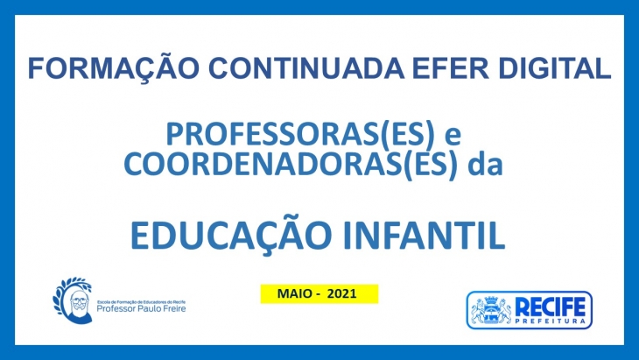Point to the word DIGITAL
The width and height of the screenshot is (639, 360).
(554, 68)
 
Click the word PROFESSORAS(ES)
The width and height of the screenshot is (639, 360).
(300, 135)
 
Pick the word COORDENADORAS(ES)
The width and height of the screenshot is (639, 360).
(291, 165)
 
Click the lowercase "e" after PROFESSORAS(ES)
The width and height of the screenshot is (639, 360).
(453, 137)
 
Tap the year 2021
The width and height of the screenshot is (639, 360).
(342, 293)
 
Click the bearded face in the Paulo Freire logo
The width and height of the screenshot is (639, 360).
(79, 305)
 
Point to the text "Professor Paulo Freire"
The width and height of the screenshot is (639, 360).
(141, 308)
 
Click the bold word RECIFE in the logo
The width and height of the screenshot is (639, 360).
(551, 307)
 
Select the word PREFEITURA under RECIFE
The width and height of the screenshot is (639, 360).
(551, 321)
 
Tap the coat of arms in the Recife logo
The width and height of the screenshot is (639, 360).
(491, 310)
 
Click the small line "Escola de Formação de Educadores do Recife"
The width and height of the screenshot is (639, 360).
(141, 302)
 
